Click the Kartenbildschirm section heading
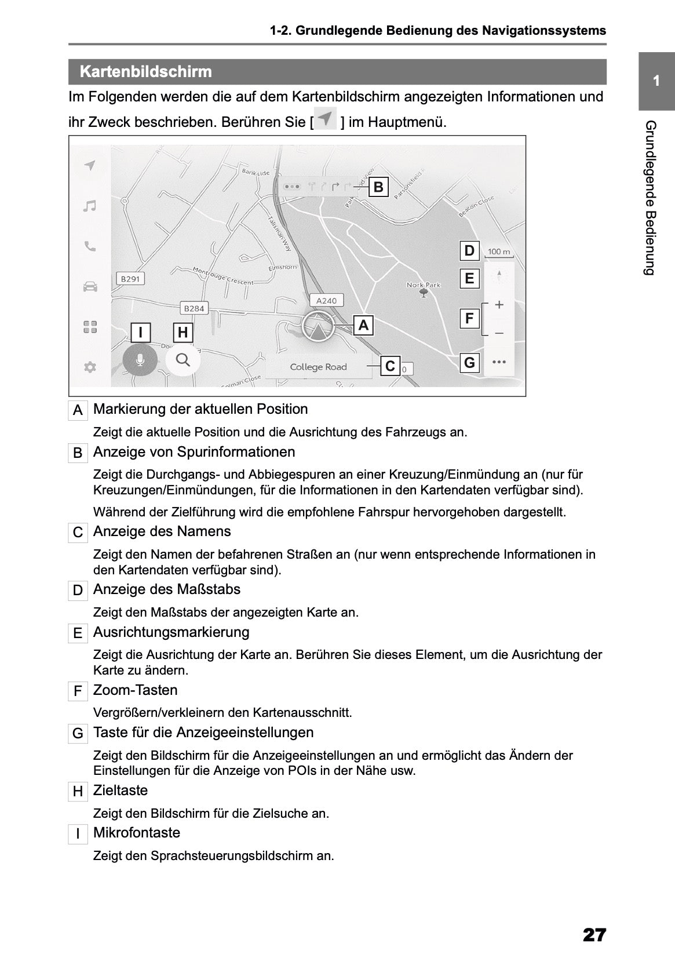pos(145,72)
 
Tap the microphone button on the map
pos(140,360)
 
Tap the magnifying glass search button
pos(183,360)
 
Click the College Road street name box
pos(318,367)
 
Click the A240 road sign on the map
pos(326,300)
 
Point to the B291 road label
pos(130,279)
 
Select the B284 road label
pos(194,308)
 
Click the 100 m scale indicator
pos(499,252)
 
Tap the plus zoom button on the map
pos(499,305)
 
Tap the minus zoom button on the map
pos(499,333)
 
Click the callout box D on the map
pos(469,251)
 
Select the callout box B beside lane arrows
pos(378,187)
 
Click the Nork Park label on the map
pos(424,285)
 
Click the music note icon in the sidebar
pos(89,206)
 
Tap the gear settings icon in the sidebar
pos(90,367)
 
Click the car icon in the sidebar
pos(90,286)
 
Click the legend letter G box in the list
pos(78,734)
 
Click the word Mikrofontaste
pos(137,833)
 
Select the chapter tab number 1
pos(656,81)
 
